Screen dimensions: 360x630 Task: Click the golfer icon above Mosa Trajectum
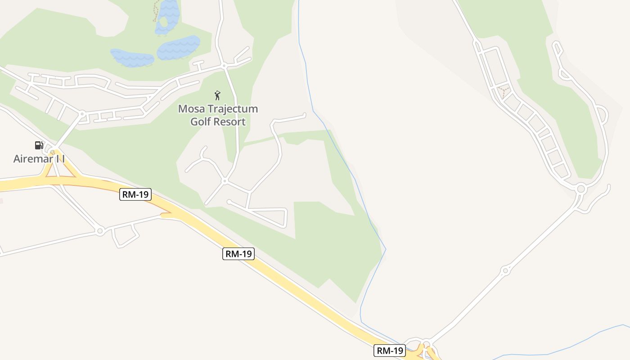coord(218,95)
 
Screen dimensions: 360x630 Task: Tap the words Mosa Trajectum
coord(218,109)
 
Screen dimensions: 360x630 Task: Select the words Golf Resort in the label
coord(218,121)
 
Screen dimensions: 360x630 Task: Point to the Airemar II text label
coord(39,159)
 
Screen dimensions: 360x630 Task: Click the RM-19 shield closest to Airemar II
coord(135,194)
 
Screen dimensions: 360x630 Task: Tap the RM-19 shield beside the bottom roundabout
coord(390,350)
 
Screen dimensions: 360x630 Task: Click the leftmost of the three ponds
coord(132,58)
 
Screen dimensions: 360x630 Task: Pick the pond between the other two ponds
coord(179,47)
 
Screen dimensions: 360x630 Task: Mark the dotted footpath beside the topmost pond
coord(155,11)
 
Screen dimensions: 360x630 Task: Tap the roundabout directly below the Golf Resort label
coord(224,181)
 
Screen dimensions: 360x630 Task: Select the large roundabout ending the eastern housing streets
coord(580,189)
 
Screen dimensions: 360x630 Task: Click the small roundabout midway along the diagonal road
coord(505,270)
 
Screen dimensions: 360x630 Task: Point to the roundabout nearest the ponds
coord(224,66)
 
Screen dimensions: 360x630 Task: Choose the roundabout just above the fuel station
coord(82,114)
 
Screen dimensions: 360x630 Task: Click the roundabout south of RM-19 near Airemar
coord(100,231)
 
